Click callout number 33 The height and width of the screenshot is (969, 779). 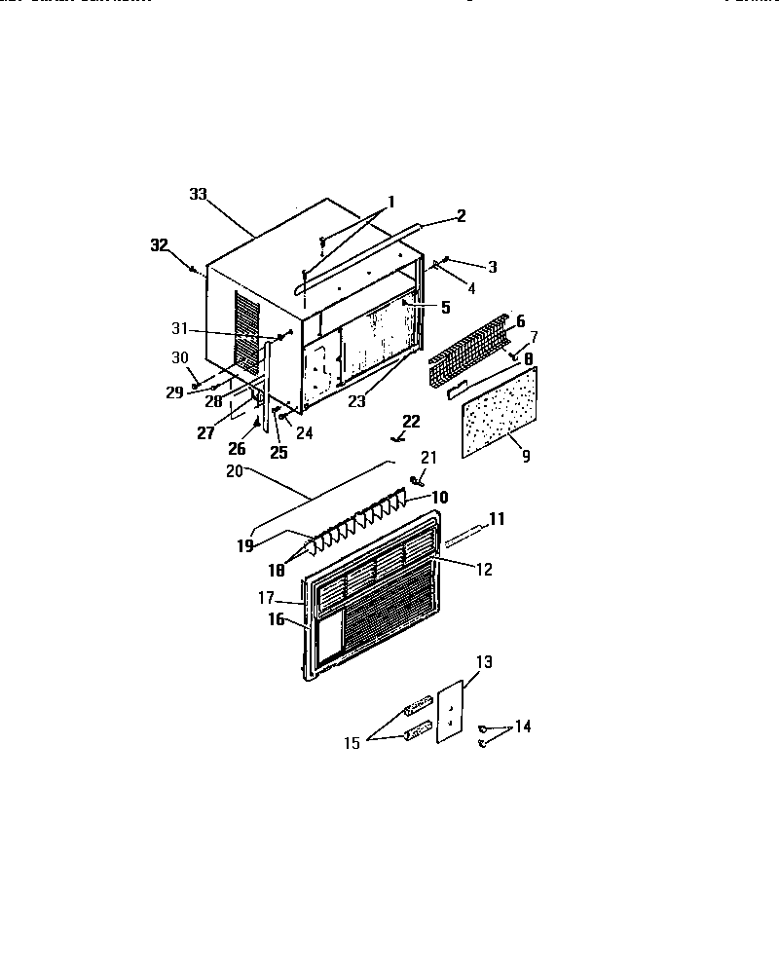(x=199, y=194)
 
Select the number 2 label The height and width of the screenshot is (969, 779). (x=462, y=215)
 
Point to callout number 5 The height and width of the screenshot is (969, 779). (x=445, y=307)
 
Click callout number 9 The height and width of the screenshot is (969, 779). (x=526, y=456)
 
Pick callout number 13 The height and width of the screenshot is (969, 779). (x=484, y=662)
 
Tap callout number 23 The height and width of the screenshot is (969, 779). (x=356, y=399)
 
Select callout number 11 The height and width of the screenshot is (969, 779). (x=498, y=520)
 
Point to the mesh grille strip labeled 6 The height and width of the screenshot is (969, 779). (x=469, y=347)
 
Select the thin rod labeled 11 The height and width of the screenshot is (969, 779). (x=465, y=534)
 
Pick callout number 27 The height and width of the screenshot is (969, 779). (x=205, y=433)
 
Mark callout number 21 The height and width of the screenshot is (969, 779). (x=429, y=458)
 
